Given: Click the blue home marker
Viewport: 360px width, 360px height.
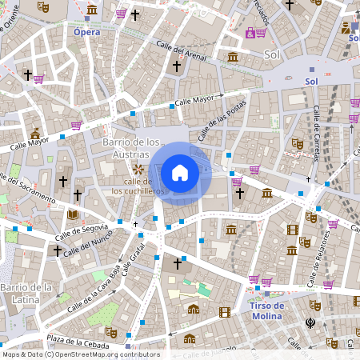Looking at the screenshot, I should point(180,172).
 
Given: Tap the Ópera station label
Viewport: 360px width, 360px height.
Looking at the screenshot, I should point(87,32).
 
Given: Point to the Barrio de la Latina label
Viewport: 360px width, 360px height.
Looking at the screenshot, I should point(26,292).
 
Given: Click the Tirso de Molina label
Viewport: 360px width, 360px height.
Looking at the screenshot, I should point(267,310).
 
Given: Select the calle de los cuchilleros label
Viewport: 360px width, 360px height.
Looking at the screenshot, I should point(138,186).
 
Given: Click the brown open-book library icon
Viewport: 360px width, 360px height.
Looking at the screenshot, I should point(73,214).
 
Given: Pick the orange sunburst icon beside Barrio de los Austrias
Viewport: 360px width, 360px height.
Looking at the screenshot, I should point(138,169).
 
